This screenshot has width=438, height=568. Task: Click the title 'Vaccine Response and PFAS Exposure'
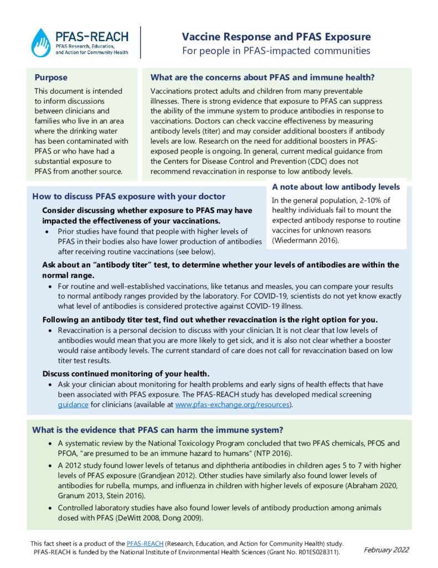click(x=277, y=37)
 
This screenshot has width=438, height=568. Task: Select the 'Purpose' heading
click(x=51, y=78)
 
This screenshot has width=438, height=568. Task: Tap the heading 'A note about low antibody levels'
click(x=336, y=187)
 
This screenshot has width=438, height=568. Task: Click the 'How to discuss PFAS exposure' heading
click(x=129, y=196)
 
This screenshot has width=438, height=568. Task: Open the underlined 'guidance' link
click(x=73, y=404)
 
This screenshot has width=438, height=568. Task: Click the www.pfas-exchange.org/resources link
click(x=232, y=404)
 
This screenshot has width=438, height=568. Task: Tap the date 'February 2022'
click(x=386, y=550)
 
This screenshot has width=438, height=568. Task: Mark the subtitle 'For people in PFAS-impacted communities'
click(x=276, y=51)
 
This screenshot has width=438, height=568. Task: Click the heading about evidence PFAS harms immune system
click(x=158, y=429)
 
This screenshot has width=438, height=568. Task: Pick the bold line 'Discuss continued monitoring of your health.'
click(x=126, y=373)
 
